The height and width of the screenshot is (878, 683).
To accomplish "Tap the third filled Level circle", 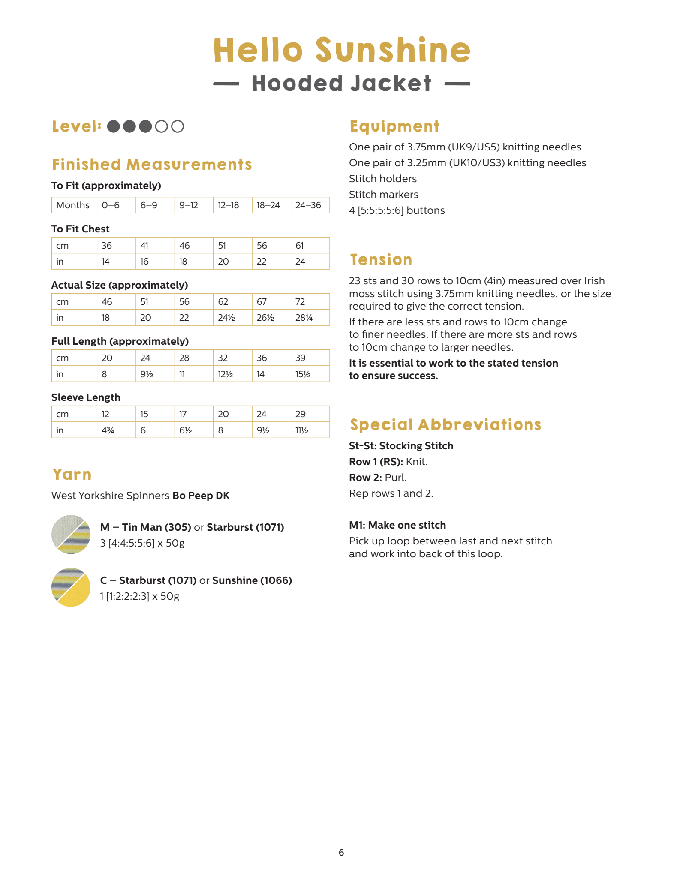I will pos(145,126).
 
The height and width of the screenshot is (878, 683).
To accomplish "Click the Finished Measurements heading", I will pos(152,165).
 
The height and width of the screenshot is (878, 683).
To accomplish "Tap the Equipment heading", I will pos(394,126).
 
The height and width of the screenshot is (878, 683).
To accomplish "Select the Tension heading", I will pos(381,260).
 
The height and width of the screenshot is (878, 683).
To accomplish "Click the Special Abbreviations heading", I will pos(445,425).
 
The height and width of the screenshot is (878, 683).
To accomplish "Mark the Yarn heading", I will pos(72,475).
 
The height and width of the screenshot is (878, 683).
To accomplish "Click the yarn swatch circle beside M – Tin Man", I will pos(71,534).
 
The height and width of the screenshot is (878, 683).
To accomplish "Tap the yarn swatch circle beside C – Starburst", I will pos(71,587).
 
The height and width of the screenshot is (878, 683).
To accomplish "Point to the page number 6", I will pos(341,852).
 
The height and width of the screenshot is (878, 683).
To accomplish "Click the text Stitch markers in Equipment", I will pos(383,195).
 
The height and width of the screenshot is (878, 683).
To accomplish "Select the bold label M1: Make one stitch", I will pos(397,525).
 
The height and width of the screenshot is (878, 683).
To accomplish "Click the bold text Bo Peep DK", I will pos(201,496).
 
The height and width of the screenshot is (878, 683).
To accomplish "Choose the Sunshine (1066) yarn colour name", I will pos(252,580).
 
